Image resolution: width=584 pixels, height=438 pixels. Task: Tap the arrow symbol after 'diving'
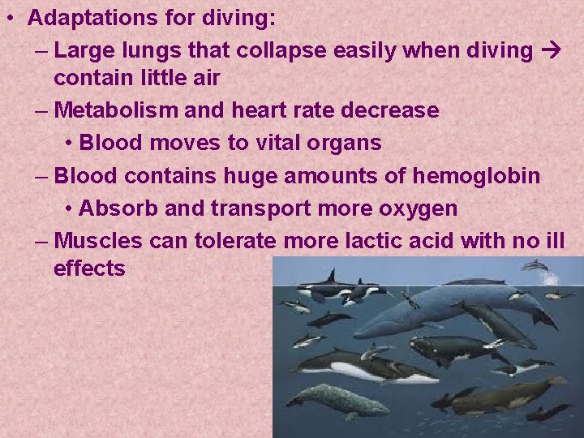[x=549, y=51]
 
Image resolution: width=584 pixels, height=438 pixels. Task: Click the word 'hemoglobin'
[x=477, y=175]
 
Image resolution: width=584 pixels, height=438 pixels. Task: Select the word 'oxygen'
[x=417, y=208]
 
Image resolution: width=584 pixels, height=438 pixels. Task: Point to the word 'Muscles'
[x=98, y=241]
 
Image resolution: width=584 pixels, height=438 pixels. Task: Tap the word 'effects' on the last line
[x=89, y=268]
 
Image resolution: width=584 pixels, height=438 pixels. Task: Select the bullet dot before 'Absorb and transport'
[x=69, y=209]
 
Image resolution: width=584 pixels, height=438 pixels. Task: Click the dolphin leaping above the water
[x=535, y=265]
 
